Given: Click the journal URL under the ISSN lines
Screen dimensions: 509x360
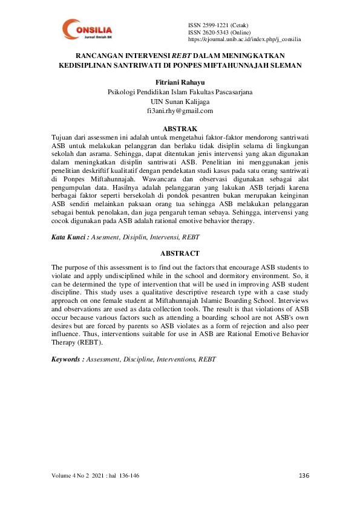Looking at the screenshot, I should click(x=244, y=39).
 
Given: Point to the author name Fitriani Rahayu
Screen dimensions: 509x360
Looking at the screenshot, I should click(x=180, y=82).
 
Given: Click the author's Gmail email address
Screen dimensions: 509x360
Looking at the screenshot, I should click(x=180, y=111).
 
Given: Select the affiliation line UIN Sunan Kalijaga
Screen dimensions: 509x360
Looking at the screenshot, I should click(x=180, y=102).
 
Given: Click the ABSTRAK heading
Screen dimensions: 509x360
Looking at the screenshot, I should click(x=180, y=129).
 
